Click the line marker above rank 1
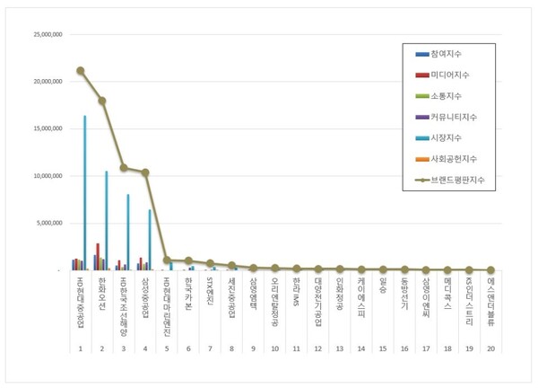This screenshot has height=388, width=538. [x=80, y=70]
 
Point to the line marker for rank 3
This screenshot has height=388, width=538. [x=124, y=168]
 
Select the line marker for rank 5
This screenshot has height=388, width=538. [x=167, y=260]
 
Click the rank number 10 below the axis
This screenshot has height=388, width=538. [x=274, y=348]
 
